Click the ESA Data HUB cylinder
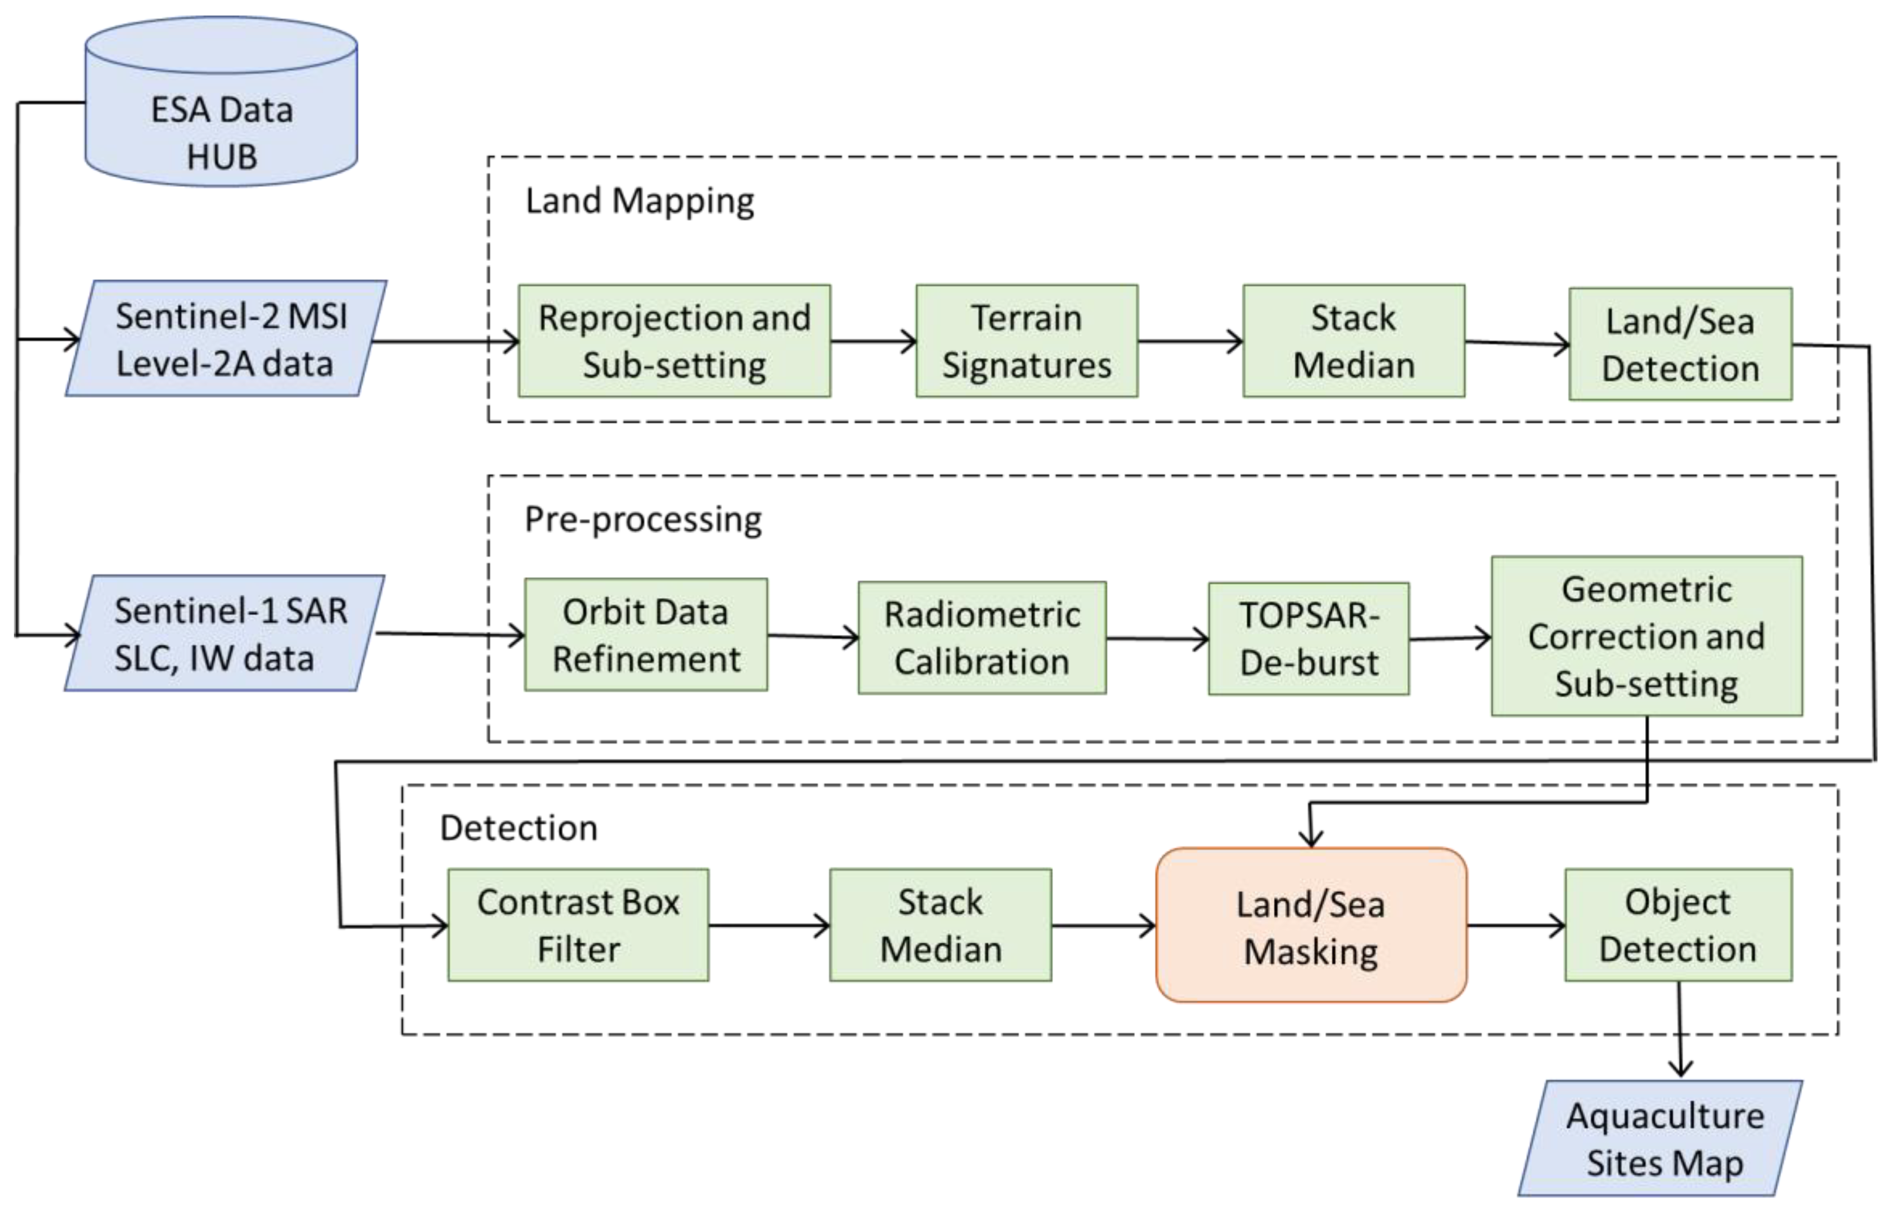pyautogui.click(x=221, y=118)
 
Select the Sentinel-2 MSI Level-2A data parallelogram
pyautogui.click(x=226, y=339)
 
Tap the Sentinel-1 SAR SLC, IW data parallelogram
pyautogui.click(x=224, y=633)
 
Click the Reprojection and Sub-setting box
pyautogui.click(x=674, y=341)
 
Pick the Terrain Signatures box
pyautogui.click(x=1027, y=341)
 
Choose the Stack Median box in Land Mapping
pyautogui.click(x=1353, y=341)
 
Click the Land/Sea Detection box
pyautogui.click(x=1680, y=344)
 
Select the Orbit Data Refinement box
pyautogui.click(x=646, y=635)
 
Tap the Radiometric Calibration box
pyautogui.click(x=982, y=638)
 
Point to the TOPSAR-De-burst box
pyautogui.click(x=1309, y=638)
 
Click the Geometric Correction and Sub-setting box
pyautogui.click(x=1647, y=636)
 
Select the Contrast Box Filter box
pyautogui.click(x=579, y=925)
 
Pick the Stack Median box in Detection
pyautogui.click(x=940, y=925)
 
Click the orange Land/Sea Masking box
pyautogui.click(x=1311, y=925)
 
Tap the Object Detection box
pyautogui.click(x=1678, y=925)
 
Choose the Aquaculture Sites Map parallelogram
pyautogui.click(x=1660, y=1139)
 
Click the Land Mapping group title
pyautogui.click(x=640, y=201)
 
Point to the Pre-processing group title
pyautogui.click(x=643, y=519)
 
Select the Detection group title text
pyautogui.click(x=519, y=828)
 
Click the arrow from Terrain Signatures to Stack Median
pyautogui.click(x=1190, y=341)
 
